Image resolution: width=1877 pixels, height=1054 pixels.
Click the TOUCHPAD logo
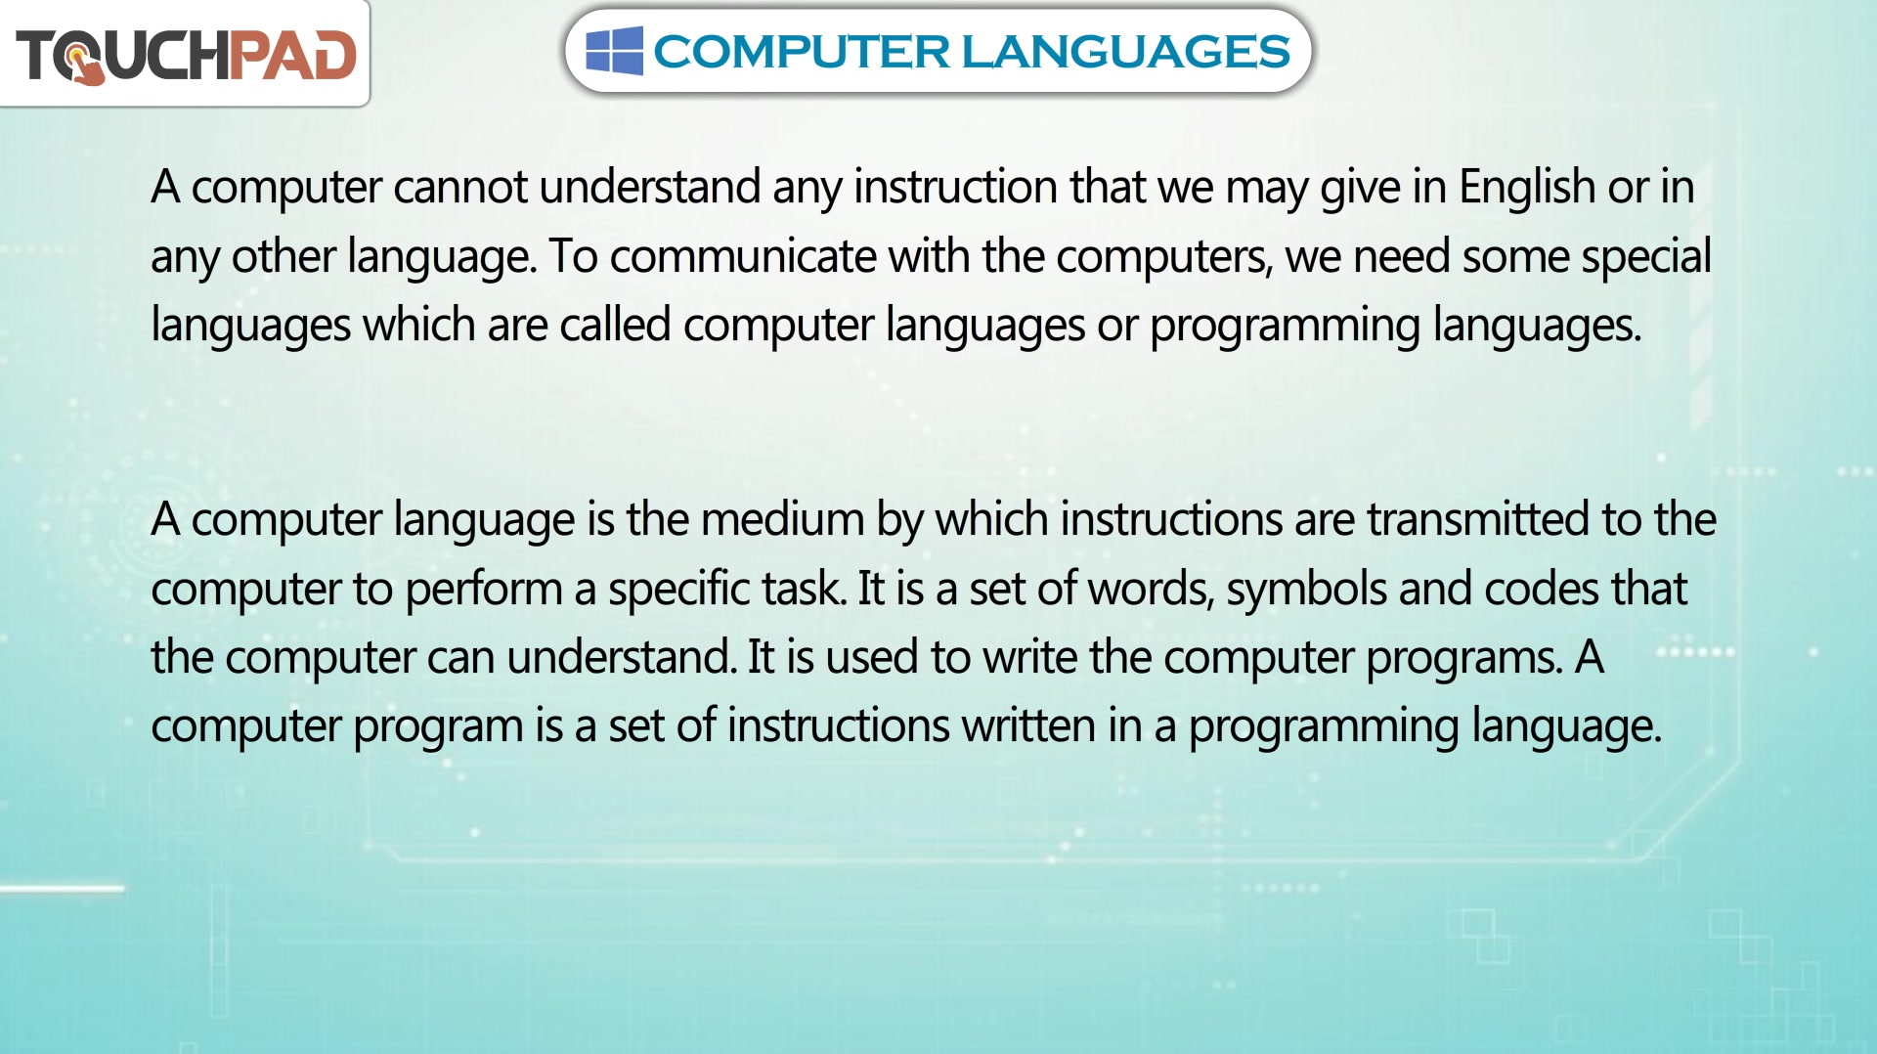click(186, 56)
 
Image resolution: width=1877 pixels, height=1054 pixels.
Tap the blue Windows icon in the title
click(614, 51)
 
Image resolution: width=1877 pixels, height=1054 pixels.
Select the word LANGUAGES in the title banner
click(1126, 52)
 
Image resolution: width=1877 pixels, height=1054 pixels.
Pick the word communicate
click(743, 257)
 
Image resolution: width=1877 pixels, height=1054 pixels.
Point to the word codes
click(1542, 589)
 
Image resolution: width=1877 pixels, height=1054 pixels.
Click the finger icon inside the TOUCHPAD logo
click(86, 65)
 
